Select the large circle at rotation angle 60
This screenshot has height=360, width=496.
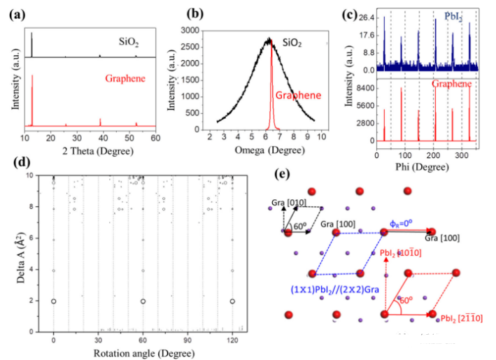(x=143, y=301)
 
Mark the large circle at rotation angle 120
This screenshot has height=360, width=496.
(x=232, y=301)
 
